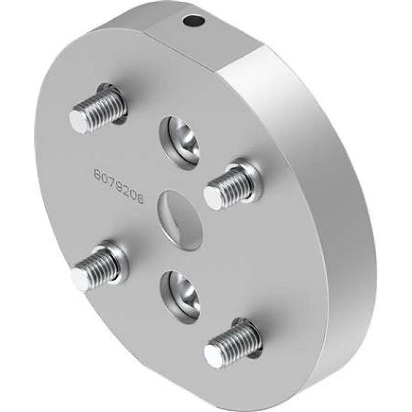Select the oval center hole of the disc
coord(180,220)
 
